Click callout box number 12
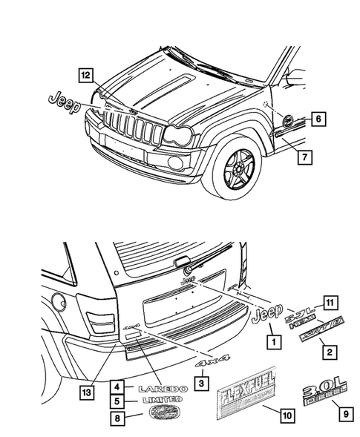[x=86, y=74]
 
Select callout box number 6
[x=316, y=118]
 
